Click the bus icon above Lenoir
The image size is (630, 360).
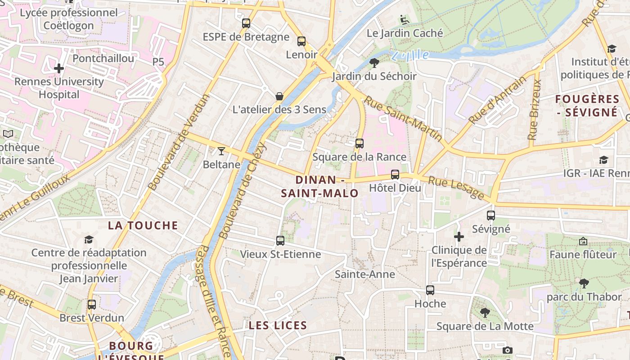click(x=301, y=41)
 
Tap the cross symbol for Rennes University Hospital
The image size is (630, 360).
click(x=59, y=69)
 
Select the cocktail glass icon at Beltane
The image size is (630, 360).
click(x=221, y=151)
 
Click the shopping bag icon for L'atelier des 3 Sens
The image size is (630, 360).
click(x=279, y=96)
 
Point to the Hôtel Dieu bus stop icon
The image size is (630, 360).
click(x=395, y=175)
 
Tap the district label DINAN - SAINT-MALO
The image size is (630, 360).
click(x=320, y=187)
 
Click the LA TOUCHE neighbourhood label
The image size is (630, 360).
click(x=143, y=225)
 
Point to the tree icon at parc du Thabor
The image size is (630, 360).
click(x=584, y=283)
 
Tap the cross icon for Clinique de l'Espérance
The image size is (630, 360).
click(x=459, y=236)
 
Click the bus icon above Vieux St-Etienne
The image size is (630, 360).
click(x=280, y=241)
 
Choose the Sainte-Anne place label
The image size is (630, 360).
click(x=365, y=274)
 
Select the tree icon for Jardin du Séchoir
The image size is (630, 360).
click(x=374, y=63)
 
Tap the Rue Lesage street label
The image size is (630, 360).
click(x=455, y=188)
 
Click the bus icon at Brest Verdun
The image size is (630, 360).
click(x=92, y=305)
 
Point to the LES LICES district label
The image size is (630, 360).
click(x=278, y=325)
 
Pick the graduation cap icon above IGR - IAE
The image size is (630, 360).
click(x=603, y=160)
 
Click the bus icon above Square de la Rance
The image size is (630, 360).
click(x=359, y=144)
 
